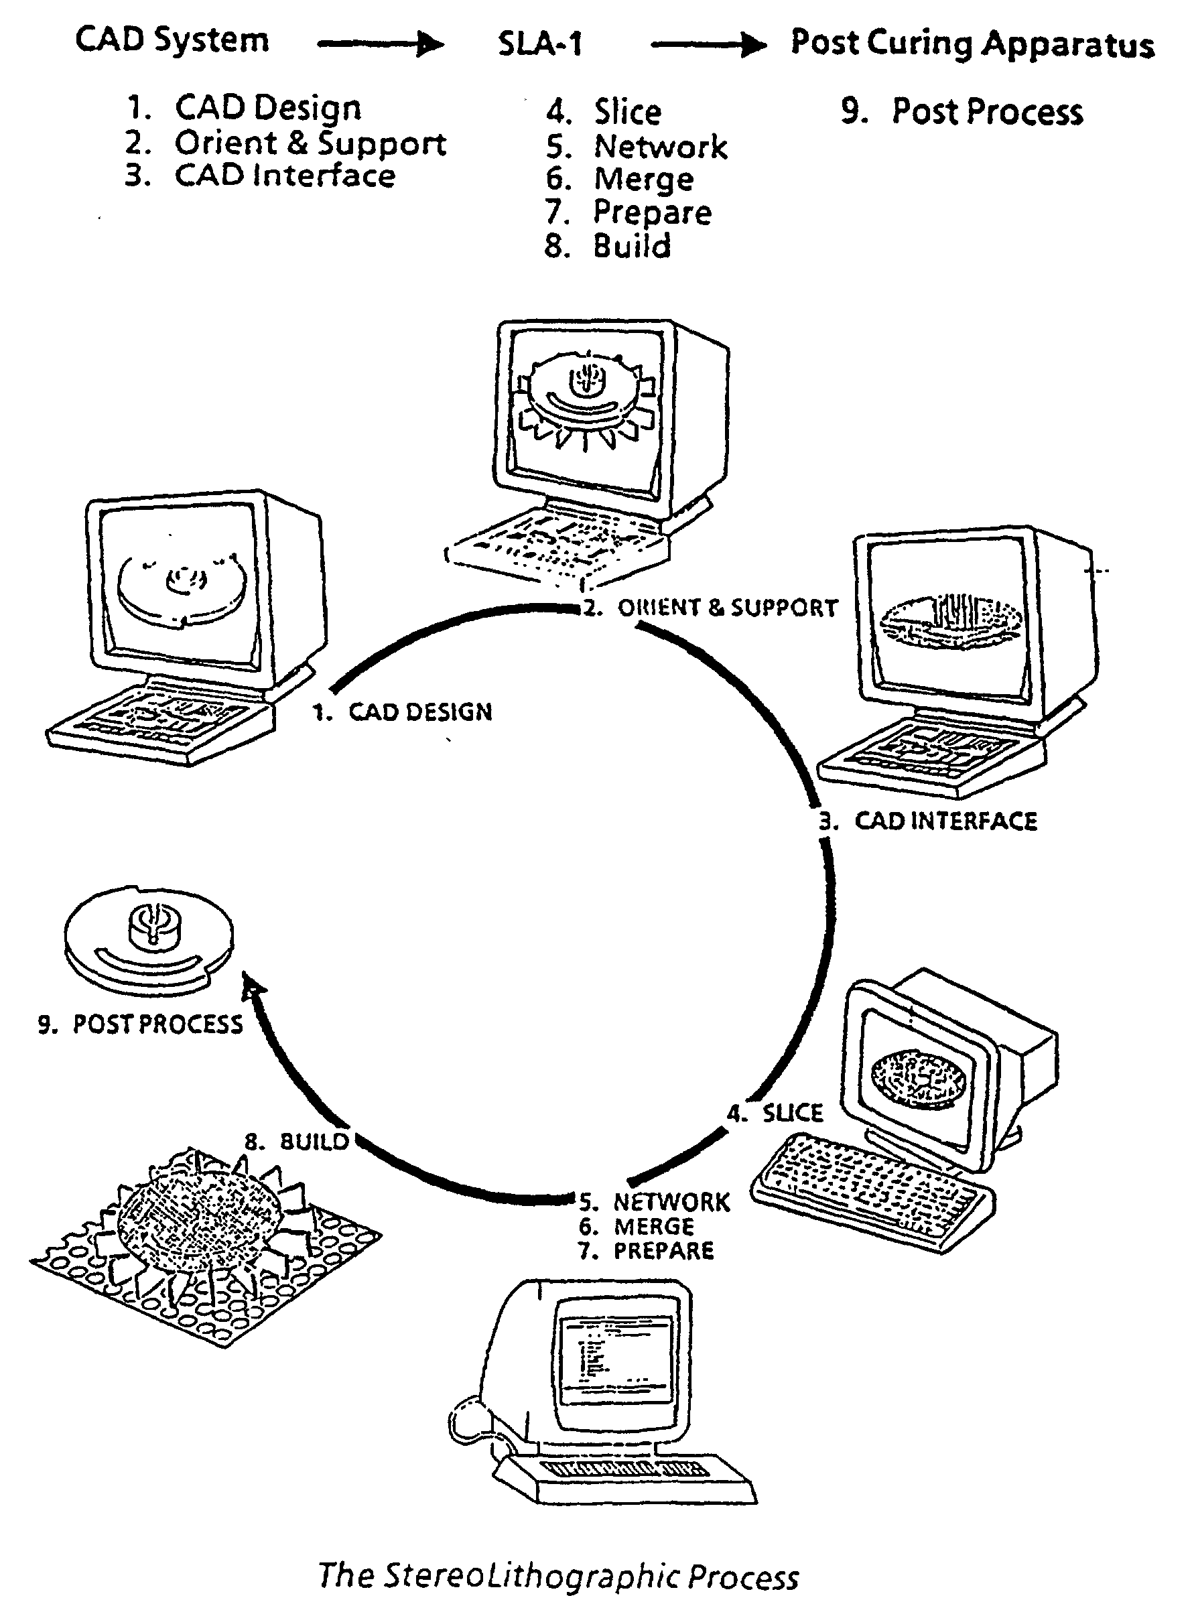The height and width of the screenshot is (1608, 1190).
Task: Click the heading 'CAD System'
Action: point(172,40)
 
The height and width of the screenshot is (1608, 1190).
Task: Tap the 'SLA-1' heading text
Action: point(540,45)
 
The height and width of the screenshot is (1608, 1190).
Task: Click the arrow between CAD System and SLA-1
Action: point(381,45)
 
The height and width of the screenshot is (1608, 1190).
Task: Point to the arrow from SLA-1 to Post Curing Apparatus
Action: point(709,46)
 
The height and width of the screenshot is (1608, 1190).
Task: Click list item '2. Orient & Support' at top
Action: point(286,143)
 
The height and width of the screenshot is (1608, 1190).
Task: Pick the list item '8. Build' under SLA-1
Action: point(608,247)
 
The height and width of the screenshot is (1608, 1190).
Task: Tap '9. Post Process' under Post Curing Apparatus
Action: point(962,112)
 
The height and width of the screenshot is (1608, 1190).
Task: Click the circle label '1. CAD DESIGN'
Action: point(403,712)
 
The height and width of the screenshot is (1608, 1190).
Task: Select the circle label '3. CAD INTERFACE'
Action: point(929,821)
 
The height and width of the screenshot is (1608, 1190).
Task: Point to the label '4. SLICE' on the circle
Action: point(775,1114)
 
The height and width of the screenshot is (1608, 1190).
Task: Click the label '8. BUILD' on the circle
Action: point(297,1142)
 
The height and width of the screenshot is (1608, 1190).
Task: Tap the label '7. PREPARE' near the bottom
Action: point(646,1251)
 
